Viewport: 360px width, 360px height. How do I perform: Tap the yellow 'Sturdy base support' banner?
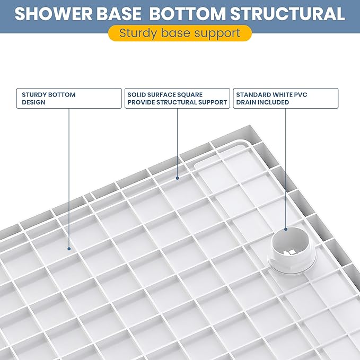(x=180, y=33)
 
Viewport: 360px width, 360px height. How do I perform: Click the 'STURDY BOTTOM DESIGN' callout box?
(x=68, y=98)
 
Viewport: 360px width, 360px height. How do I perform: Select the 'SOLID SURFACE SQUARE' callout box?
(x=177, y=98)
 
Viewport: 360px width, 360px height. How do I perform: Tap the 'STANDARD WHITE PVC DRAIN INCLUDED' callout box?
(x=285, y=98)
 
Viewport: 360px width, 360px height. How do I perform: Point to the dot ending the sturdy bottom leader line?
(x=69, y=247)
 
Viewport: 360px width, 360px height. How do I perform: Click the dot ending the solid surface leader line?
(x=177, y=179)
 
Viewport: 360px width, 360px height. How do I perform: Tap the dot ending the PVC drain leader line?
(x=286, y=229)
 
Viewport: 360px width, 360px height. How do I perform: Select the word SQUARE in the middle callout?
(x=190, y=94)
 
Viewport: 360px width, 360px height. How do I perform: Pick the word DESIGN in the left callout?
(x=33, y=102)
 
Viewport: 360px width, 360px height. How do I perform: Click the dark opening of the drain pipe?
(x=289, y=241)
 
